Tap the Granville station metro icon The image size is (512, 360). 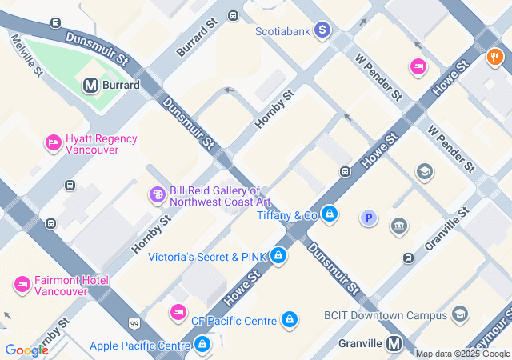394,343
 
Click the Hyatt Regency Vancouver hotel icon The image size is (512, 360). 54,142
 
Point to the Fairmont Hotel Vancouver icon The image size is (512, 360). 22,284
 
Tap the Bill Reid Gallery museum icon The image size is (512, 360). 158,194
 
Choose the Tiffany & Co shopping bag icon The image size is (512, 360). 330,214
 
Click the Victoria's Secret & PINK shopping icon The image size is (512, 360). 278,256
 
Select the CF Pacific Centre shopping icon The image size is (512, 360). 290,320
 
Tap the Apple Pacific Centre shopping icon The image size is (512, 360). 203,346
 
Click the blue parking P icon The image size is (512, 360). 368,217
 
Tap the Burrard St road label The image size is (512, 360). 197,38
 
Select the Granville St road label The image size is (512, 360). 446,231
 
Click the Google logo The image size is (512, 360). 26,350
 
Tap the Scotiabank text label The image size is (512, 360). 283,31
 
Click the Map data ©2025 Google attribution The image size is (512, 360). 462,354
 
